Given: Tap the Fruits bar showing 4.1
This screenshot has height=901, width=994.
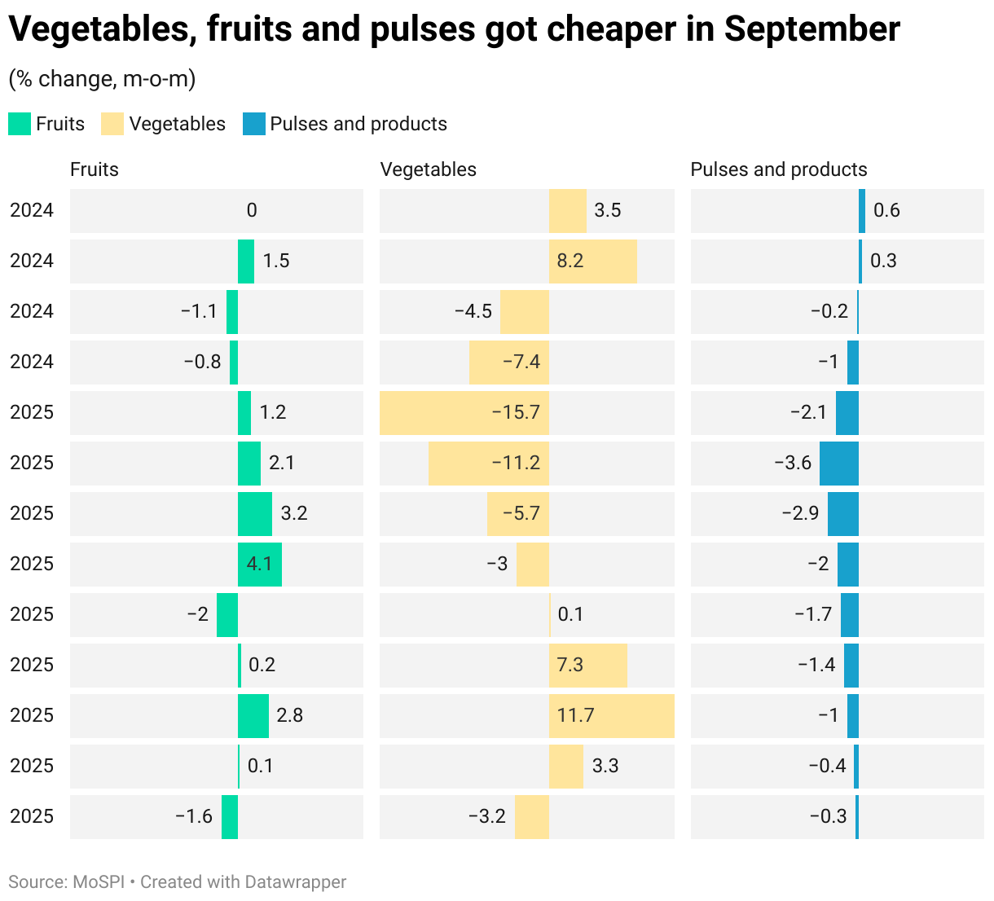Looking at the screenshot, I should (x=260, y=564).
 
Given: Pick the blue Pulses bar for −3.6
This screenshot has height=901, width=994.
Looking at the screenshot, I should (x=838, y=463).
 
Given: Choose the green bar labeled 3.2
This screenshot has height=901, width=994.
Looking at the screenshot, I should (x=255, y=513).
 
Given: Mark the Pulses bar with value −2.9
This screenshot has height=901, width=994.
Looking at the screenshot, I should (x=842, y=513).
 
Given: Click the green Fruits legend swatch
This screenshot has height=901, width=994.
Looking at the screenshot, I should (x=20, y=124).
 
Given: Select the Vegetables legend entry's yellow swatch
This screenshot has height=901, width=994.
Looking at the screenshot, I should (x=112, y=124).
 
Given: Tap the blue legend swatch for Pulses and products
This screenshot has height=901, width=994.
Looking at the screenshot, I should (x=254, y=124).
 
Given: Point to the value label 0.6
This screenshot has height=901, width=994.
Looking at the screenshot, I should (x=886, y=210).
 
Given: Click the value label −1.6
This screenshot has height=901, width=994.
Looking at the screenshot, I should (x=194, y=816).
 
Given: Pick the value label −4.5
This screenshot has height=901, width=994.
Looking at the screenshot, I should (x=473, y=311).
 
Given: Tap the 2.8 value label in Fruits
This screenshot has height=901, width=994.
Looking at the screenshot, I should (x=290, y=715).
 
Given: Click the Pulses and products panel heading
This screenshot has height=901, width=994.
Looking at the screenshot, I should (x=778, y=169).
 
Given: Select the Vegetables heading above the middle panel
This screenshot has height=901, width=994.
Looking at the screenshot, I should (x=429, y=169).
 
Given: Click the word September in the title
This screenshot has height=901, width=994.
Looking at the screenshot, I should (x=811, y=30).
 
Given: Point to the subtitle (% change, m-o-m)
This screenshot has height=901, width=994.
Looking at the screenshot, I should (x=102, y=79).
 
